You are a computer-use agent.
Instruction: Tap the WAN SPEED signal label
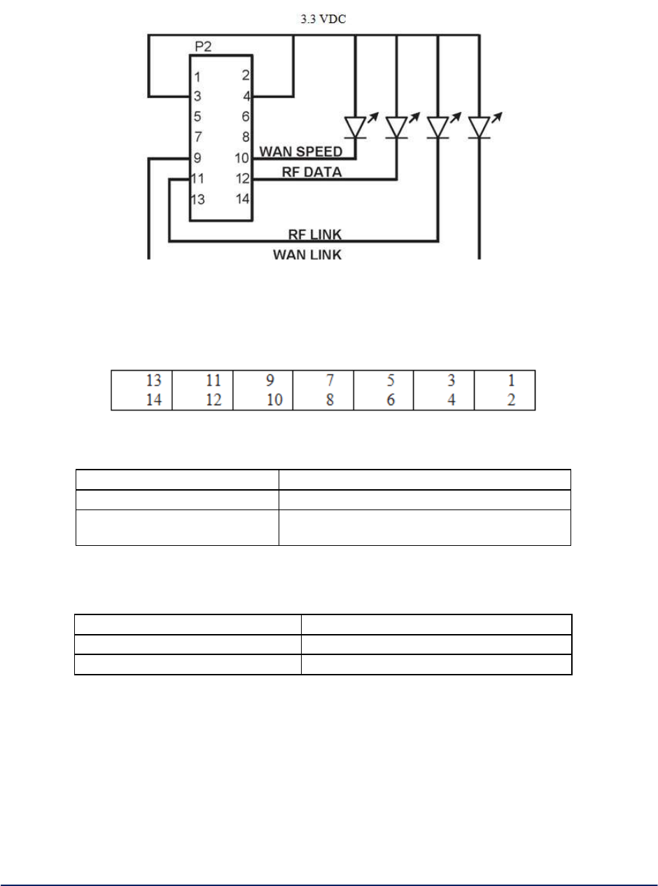click(301, 152)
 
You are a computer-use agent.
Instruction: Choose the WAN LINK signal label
click(307, 255)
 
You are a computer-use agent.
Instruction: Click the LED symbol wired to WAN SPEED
click(356, 127)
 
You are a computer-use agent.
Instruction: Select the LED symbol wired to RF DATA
click(397, 127)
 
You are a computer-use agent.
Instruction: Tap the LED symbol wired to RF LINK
click(437, 127)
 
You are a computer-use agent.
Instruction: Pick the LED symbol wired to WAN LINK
click(479, 127)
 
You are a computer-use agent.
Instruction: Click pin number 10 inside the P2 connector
click(242, 158)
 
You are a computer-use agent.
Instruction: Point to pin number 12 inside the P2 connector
click(242, 178)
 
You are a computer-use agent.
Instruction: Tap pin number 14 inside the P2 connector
click(242, 199)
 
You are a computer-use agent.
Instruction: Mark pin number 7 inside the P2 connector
click(199, 138)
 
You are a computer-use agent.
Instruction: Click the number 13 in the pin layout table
click(153, 381)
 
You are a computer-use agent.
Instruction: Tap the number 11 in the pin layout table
click(213, 381)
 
